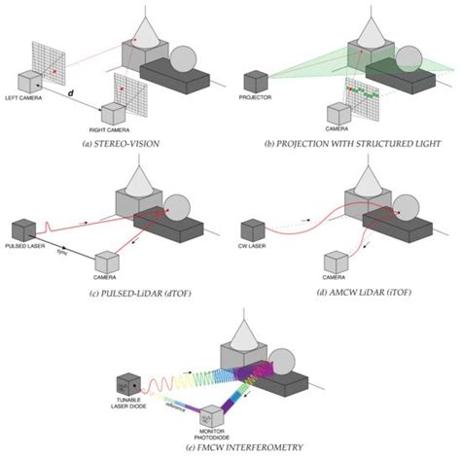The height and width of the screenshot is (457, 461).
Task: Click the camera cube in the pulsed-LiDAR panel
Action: (110, 262)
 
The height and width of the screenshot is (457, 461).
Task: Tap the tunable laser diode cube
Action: (129, 385)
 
